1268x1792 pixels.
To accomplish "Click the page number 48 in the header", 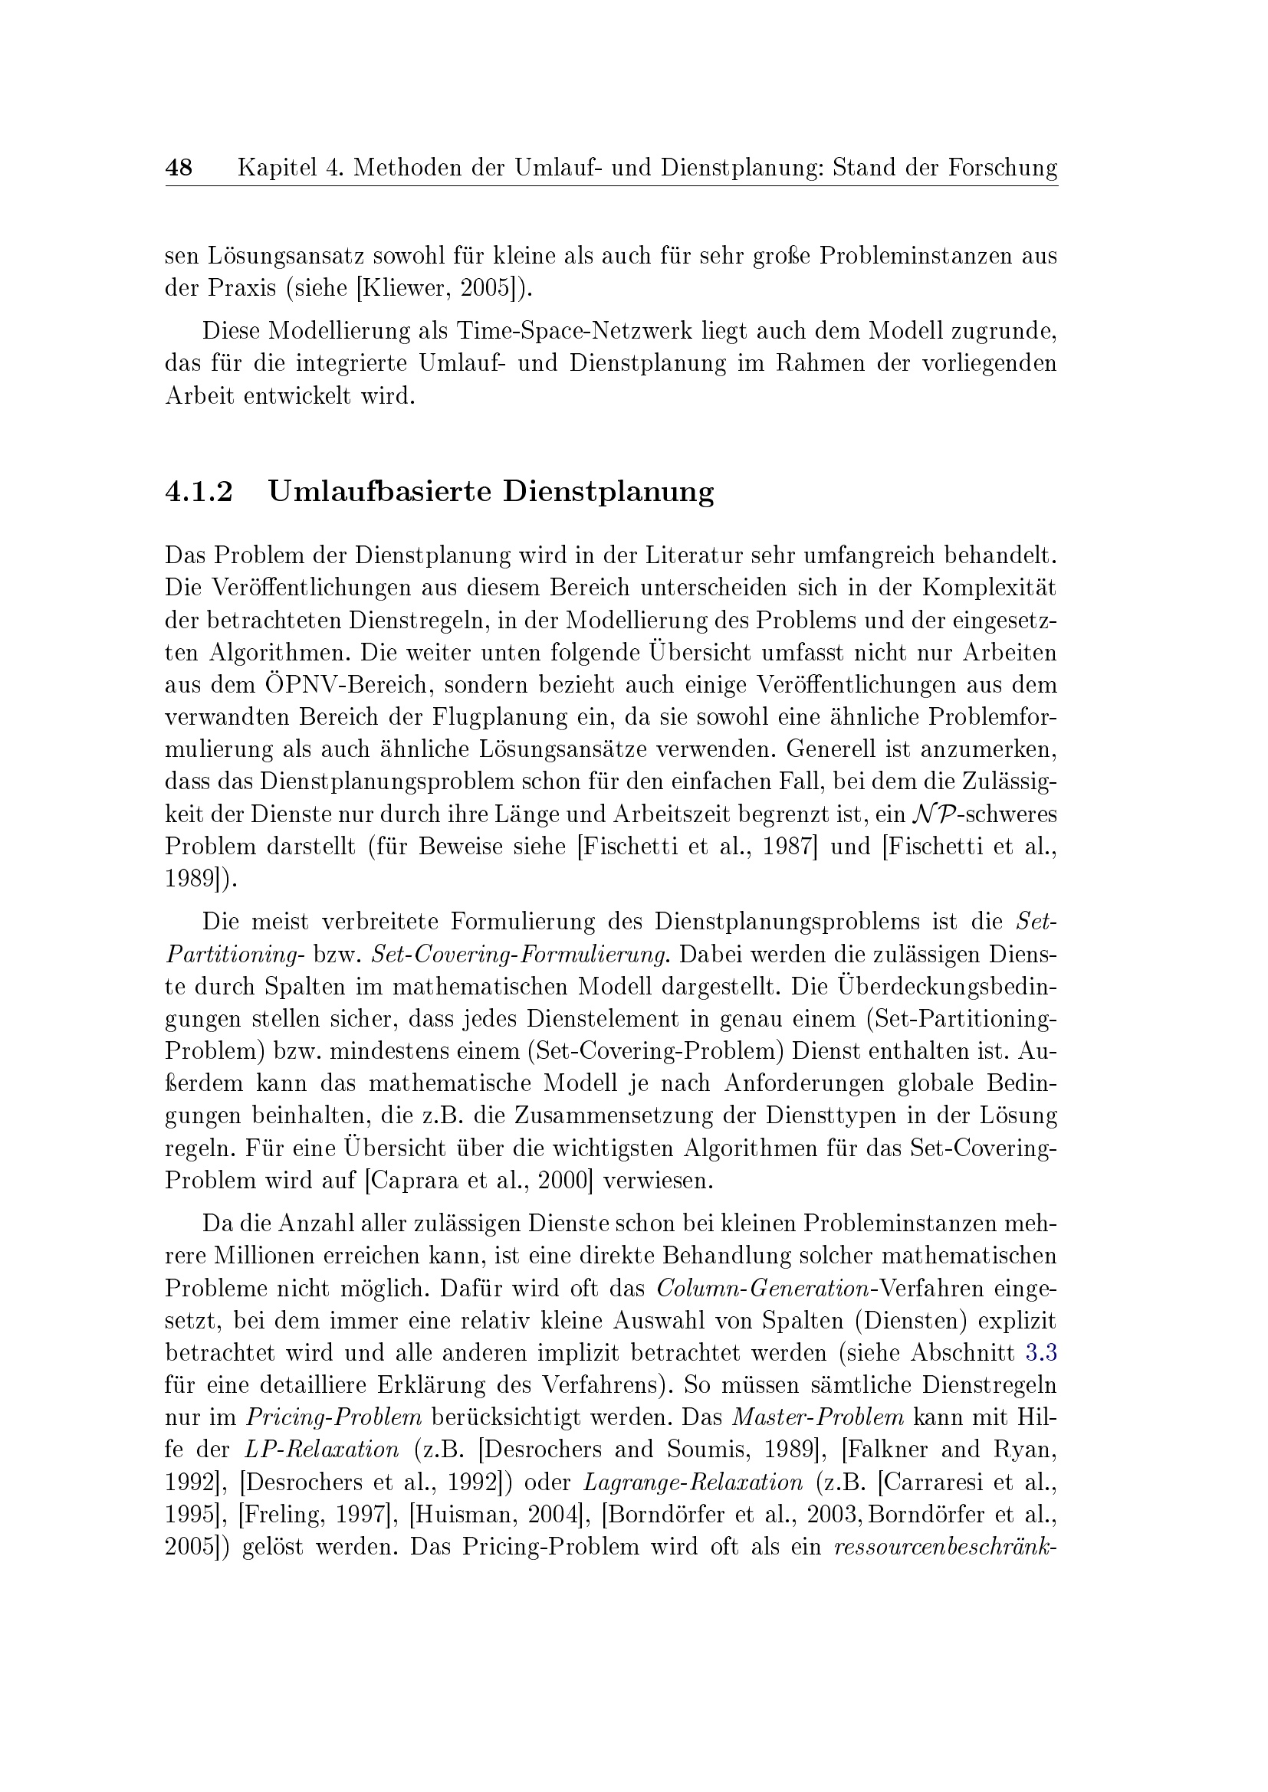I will click(x=179, y=167).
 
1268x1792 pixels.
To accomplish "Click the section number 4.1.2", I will click(x=199, y=492).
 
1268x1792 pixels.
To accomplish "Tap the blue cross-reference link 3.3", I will click(x=1042, y=1352).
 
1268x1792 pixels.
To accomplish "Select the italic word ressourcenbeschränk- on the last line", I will click(x=945, y=1547).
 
